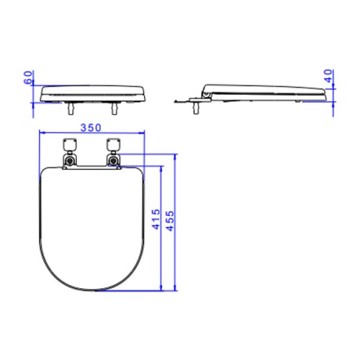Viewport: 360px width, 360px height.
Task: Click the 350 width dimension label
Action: point(91,127)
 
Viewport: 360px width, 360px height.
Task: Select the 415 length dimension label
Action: point(156,219)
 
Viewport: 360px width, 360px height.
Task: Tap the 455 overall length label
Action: point(170,221)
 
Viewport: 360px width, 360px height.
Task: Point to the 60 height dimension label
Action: point(28,77)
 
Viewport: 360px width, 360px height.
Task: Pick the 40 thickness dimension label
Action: point(328,76)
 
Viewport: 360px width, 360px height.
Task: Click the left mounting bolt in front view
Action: point(71,109)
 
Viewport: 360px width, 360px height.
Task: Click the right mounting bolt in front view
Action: point(114,109)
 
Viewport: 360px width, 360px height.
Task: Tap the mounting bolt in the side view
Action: point(196,108)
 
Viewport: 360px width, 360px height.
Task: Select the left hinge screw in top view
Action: point(70,161)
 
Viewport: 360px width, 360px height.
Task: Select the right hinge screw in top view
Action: point(114,161)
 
